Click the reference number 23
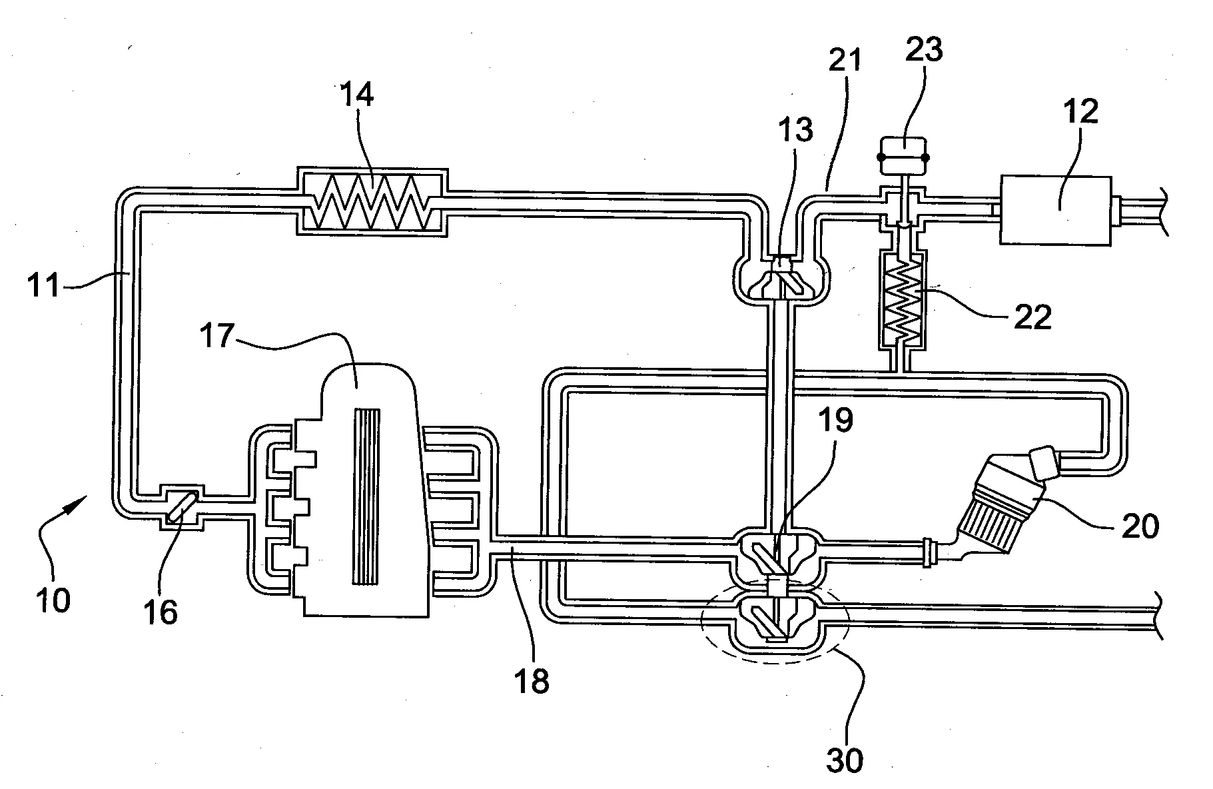(x=924, y=50)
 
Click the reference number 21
(x=845, y=61)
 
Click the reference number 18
(x=531, y=680)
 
